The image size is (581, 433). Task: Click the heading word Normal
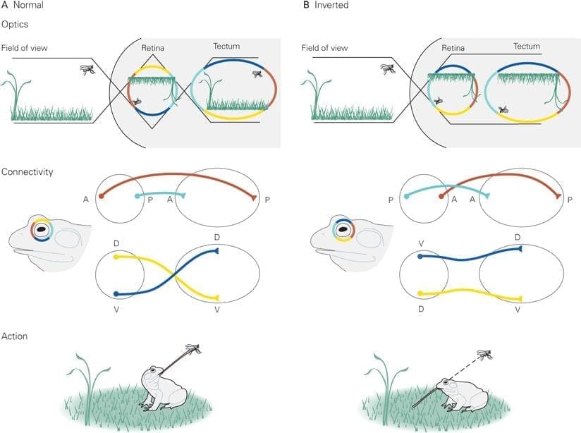click(x=28, y=5)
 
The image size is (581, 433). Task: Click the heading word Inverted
click(x=331, y=5)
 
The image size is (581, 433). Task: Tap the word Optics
click(x=15, y=25)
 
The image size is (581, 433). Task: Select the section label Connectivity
click(x=27, y=172)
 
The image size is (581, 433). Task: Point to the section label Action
click(x=14, y=336)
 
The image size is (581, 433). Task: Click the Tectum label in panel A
click(x=226, y=47)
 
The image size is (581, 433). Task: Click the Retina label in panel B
click(x=453, y=48)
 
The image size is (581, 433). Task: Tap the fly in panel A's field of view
click(x=87, y=69)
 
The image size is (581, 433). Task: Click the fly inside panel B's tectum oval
click(x=503, y=109)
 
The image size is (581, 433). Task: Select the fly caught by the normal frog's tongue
click(x=193, y=349)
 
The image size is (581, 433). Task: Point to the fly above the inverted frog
click(x=485, y=355)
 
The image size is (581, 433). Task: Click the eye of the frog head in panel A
click(x=42, y=230)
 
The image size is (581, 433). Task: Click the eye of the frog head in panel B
click(x=344, y=230)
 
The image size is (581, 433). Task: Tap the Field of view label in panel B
click(x=324, y=48)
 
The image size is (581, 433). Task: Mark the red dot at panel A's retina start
click(x=101, y=196)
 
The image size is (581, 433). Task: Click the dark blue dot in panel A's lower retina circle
click(x=116, y=294)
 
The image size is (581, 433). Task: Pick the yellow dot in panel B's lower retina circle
click(x=420, y=293)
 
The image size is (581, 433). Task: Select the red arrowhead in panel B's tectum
click(x=558, y=196)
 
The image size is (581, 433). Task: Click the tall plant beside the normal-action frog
click(x=87, y=389)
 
